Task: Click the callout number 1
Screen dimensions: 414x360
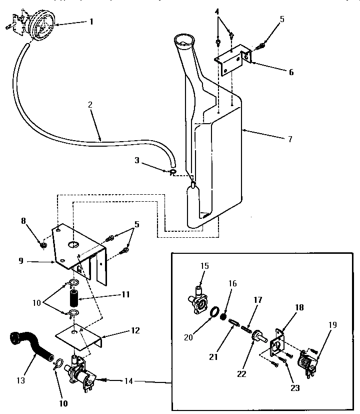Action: point(91,22)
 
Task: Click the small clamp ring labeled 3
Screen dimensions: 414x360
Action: point(172,173)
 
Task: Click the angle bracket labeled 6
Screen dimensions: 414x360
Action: point(233,58)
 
